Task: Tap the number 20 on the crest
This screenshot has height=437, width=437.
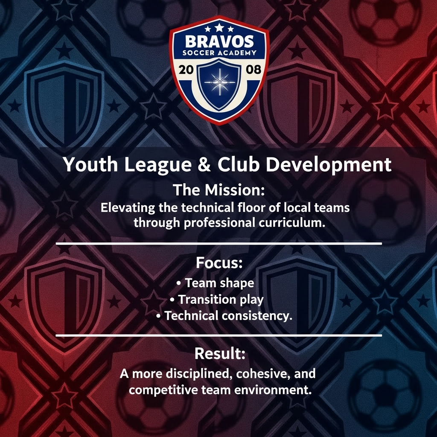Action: pyautogui.click(x=186, y=70)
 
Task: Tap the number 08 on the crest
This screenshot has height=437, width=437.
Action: pyautogui.click(x=253, y=70)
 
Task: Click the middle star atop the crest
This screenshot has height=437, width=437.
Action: pyautogui.click(x=219, y=28)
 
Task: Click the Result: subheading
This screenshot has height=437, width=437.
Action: pyautogui.click(x=219, y=353)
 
